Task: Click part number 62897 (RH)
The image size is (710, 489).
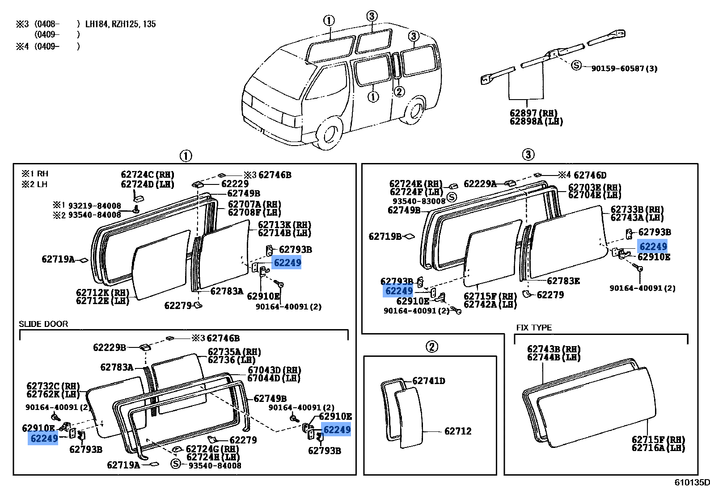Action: click(x=534, y=113)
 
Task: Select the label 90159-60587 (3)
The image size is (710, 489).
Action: click(x=624, y=68)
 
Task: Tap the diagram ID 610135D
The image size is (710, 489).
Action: click(x=692, y=482)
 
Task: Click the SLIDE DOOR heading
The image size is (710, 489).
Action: click(x=43, y=324)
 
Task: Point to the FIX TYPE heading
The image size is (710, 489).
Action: click(x=534, y=328)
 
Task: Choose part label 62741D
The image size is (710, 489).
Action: click(x=428, y=381)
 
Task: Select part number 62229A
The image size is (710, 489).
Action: click(x=480, y=184)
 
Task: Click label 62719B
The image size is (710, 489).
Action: click(x=385, y=236)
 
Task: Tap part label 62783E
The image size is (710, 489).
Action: click(x=563, y=281)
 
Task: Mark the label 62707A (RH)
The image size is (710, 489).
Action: click(x=254, y=204)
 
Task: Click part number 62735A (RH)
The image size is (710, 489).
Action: click(x=234, y=352)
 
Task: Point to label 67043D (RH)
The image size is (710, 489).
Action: click(x=274, y=370)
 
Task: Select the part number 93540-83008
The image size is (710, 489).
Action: click(x=419, y=201)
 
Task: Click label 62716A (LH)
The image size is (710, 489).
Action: click(x=658, y=447)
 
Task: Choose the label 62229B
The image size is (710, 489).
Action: click(x=110, y=347)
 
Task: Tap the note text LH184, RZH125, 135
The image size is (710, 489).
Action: click(x=120, y=24)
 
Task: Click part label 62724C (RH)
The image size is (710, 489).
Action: click(x=148, y=175)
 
